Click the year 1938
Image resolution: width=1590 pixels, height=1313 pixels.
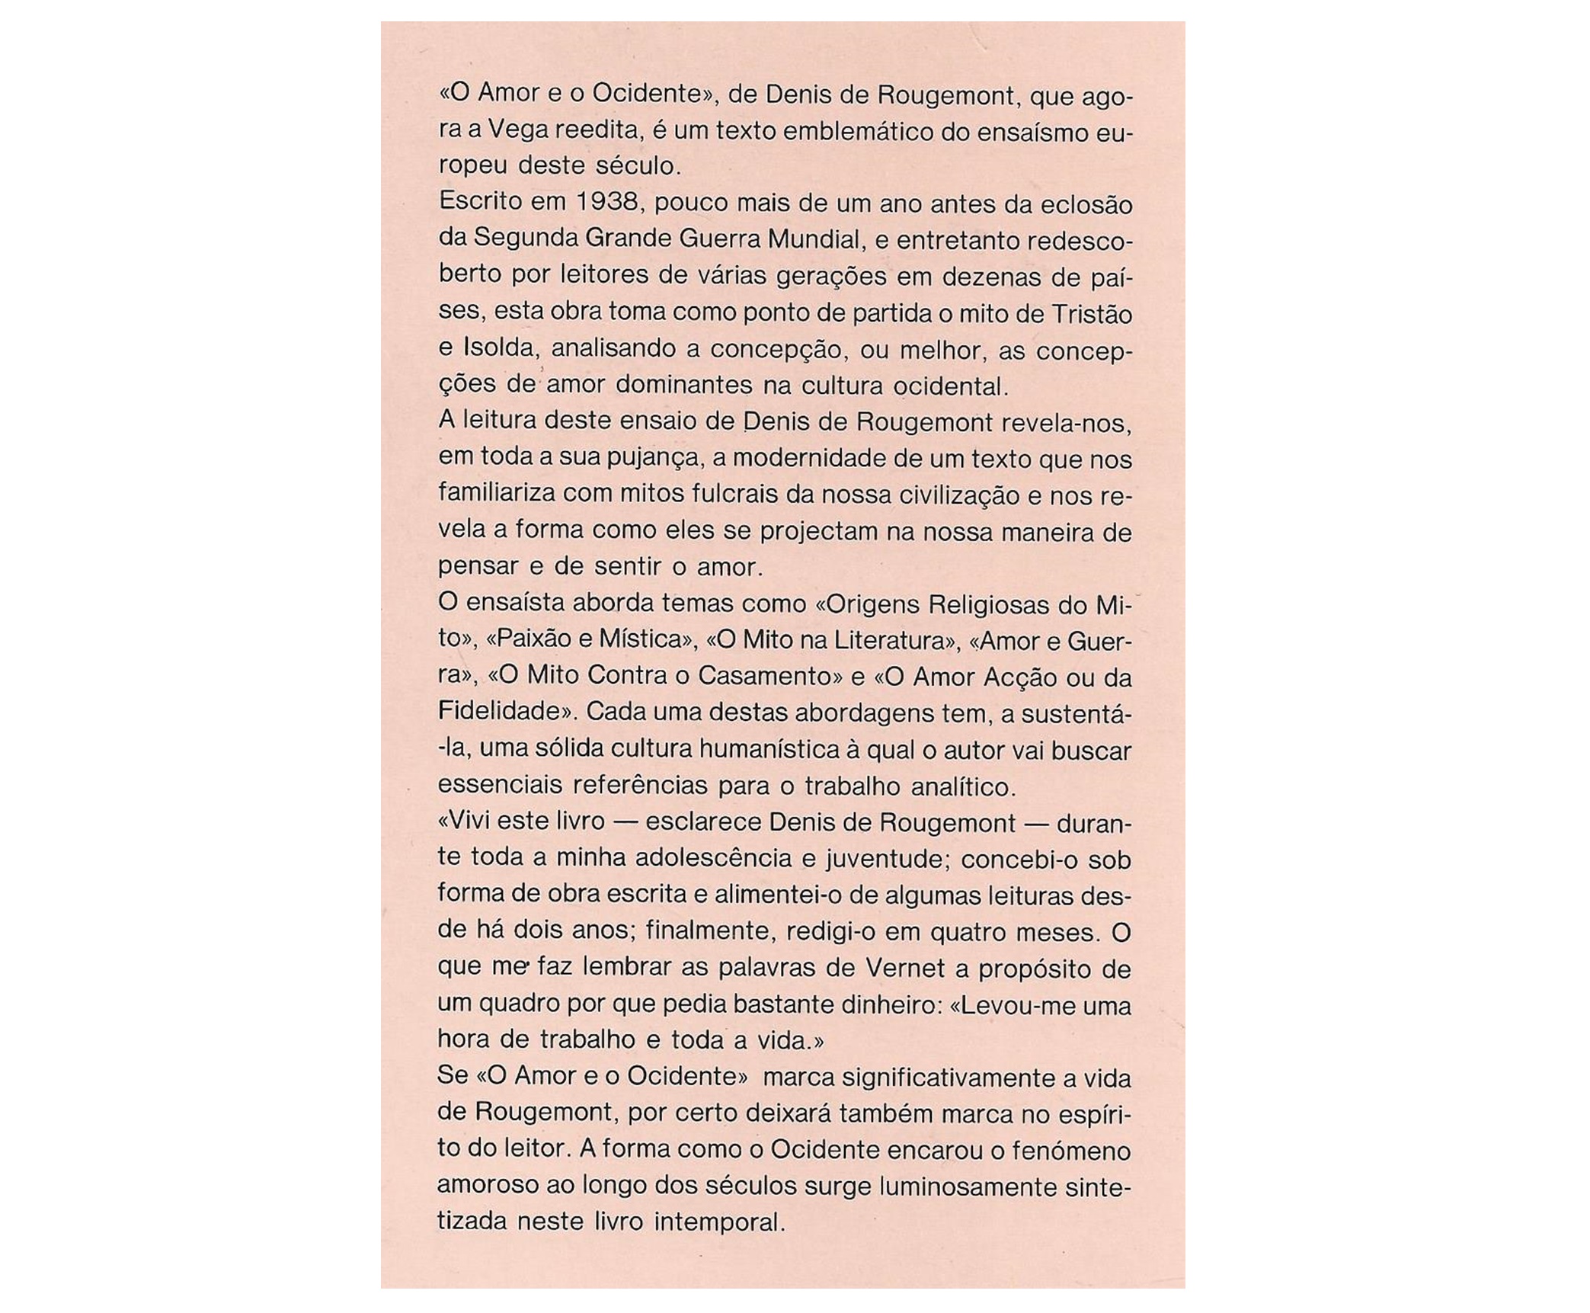point(606,203)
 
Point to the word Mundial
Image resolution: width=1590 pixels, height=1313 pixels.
point(814,239)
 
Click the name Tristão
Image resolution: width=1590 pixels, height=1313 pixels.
point(1090,312)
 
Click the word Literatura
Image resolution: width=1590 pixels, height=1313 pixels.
point(886,640)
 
